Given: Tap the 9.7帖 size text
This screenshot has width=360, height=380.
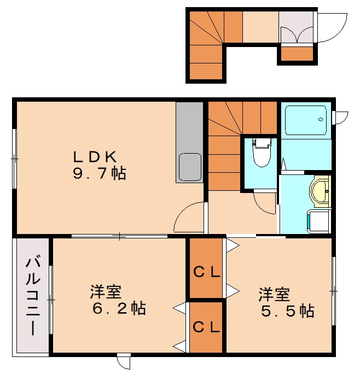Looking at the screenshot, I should click(99, 174).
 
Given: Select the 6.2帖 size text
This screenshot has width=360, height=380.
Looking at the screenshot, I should click(119, 309).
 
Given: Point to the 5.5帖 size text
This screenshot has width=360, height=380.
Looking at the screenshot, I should click(287, 311).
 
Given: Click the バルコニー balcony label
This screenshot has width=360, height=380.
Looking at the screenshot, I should click(32, 295).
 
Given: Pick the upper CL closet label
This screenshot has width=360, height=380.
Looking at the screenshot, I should click(207, 272).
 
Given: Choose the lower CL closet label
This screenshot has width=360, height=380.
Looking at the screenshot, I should click(207, 328).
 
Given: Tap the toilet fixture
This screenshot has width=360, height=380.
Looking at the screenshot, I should click(261, 153).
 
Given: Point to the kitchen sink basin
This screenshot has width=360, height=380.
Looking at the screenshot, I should click(189, 166).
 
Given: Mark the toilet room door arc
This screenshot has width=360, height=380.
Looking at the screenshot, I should click(266, 202).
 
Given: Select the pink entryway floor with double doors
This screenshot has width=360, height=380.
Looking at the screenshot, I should click(297, 27).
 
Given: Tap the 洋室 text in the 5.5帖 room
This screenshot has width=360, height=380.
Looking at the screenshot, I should click(274, 295).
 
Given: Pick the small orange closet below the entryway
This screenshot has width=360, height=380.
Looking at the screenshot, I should click(297, 54).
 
